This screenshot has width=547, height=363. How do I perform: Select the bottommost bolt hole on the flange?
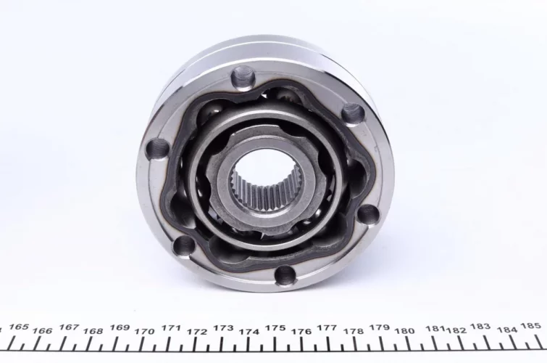tap(285, 274)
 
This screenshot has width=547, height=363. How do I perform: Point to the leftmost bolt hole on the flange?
tap(158, 149)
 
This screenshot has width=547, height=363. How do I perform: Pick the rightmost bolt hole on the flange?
tap(368, 214)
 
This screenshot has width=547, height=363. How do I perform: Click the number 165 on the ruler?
tap(19, 327)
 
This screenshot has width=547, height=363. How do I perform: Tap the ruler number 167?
tap(69, 327)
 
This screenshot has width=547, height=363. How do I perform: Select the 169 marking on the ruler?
tap(120, 327)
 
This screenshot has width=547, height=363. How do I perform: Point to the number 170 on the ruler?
tap(144, 331)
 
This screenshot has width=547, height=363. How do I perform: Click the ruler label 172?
tap(197, 332)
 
